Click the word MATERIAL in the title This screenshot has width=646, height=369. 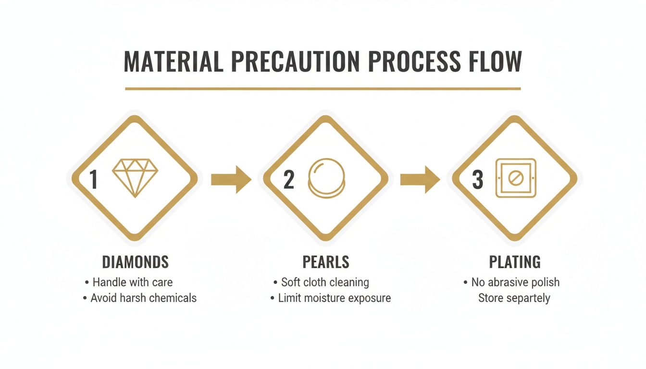[x=174, y=61]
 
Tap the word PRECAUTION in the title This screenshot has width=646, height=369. [x=295, y=61]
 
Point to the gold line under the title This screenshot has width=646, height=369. [x=323, y=89]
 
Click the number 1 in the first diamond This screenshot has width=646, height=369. [x=93, y=179]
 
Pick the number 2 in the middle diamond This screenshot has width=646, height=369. [x=289, y=179]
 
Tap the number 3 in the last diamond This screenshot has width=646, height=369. [x=477, y=179]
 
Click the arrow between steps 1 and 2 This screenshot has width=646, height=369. [x=231, y=179]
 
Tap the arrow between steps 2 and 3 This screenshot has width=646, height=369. [x=420, y=179]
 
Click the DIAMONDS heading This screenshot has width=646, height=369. [x=135, y=262]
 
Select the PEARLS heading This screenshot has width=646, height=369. [x=326, y=262]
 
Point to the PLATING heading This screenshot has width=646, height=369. [x=515, y=262]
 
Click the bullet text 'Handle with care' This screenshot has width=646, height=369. [x=132, y=282]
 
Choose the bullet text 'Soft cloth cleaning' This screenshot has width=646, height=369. [x=325, y=283]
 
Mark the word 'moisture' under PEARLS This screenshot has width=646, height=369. [x=324, y=298]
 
